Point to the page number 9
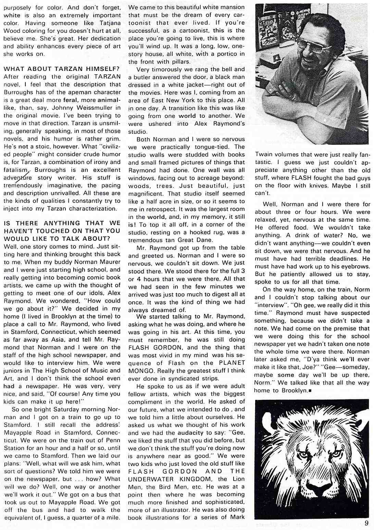366,523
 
